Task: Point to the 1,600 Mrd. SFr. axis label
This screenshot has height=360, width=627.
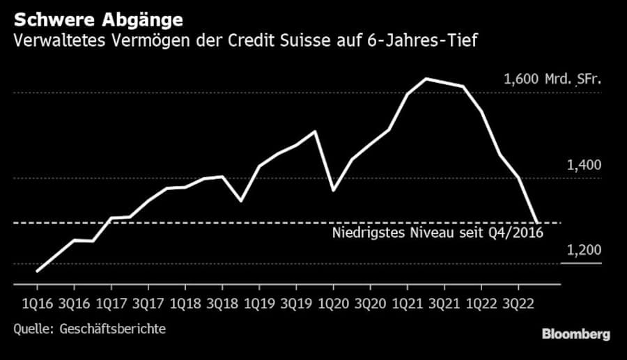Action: coord(551,79)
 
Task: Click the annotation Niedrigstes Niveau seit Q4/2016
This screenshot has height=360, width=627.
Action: coord(436,233)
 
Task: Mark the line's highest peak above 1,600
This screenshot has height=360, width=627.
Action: coord(426,79)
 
